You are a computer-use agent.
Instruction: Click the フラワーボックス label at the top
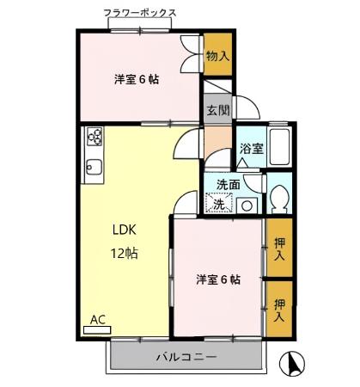[x=141, y=13]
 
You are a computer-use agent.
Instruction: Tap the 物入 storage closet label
[x=217, y=56]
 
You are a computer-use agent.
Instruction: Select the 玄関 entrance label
[x=217, y=110]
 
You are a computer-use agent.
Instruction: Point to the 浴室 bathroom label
[x=251, y=148]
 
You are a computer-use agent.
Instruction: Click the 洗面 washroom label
[x=228, y=184]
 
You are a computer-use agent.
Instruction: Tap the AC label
[x=98, y=321]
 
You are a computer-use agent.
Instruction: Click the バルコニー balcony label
[x=186, y=356]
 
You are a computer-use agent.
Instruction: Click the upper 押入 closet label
[x=279, y=249]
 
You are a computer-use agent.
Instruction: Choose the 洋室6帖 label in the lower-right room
[x=217, y=280]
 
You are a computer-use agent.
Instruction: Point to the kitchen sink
[x=94, y=167]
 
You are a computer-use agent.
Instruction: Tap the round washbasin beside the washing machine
[x=247, y=205]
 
